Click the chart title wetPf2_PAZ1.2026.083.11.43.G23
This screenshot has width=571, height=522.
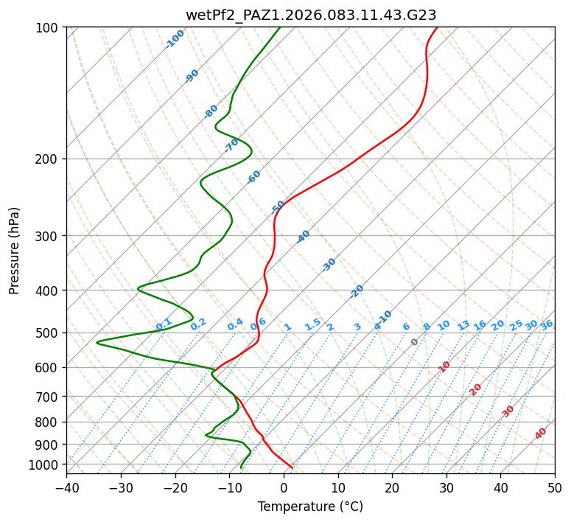coord(311,15)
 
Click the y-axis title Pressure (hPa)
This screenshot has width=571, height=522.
coord(15,251)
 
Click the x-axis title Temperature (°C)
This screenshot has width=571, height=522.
coord(310,507)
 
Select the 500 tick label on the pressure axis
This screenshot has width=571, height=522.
coord(49,333)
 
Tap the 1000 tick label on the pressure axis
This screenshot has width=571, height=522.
coord(46,465)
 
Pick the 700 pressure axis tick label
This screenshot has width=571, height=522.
coord(49,397)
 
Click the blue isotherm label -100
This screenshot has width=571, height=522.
coord(175,38)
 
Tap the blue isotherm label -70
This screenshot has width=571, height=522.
coord(231,145)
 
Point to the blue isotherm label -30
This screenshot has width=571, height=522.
coord(329,265)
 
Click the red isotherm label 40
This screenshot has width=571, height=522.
coord(541,434)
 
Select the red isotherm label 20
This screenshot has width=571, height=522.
coord(476,389)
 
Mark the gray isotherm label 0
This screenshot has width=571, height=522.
coord(415,342)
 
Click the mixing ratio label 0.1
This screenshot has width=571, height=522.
coord(164,324)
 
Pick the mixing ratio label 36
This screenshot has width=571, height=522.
coord(547,324)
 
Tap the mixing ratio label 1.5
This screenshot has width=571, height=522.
coord(312,324)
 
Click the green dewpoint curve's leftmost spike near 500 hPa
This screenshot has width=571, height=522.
coord(97,342)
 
